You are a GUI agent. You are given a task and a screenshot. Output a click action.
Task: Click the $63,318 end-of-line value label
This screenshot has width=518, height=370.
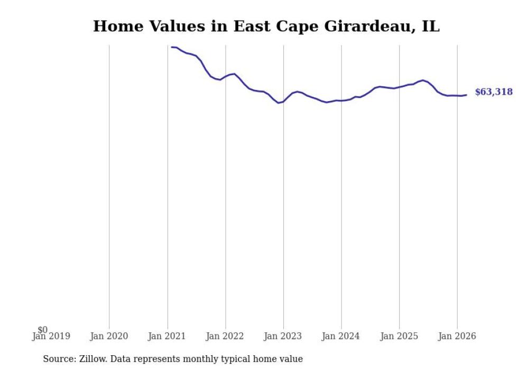[493, 92]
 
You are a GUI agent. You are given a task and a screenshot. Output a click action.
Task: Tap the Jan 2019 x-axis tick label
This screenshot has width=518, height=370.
[51, 336]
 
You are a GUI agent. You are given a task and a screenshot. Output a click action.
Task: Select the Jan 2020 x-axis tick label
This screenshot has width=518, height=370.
[109, 336]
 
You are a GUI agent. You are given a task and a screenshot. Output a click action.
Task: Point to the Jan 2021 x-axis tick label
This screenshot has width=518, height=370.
[167, 336]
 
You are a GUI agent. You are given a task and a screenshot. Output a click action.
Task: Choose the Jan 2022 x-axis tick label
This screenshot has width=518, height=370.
[225, 336]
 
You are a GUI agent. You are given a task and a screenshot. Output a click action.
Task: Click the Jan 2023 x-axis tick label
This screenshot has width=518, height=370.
[283, 336]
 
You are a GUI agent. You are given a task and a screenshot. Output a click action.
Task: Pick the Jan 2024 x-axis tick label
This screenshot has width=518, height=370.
[341, 336]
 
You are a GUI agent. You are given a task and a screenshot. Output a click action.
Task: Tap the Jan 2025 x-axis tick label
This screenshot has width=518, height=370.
[399, 336]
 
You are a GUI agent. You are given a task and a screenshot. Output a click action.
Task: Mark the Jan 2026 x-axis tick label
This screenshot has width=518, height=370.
[457, 336]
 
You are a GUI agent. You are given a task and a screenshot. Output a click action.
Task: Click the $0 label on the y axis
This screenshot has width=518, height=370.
[43, 330]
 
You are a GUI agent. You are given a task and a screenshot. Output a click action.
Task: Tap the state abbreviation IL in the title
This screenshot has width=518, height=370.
[430, 26]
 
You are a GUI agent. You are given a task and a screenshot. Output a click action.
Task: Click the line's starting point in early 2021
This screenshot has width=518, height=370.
[171, 47]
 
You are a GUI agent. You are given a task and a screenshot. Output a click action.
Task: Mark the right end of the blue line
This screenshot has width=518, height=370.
[466, 95]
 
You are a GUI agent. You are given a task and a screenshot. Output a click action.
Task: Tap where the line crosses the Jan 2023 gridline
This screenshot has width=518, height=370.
[283, 102]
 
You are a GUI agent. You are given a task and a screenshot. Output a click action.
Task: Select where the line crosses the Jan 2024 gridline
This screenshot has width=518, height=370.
[341, 101]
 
